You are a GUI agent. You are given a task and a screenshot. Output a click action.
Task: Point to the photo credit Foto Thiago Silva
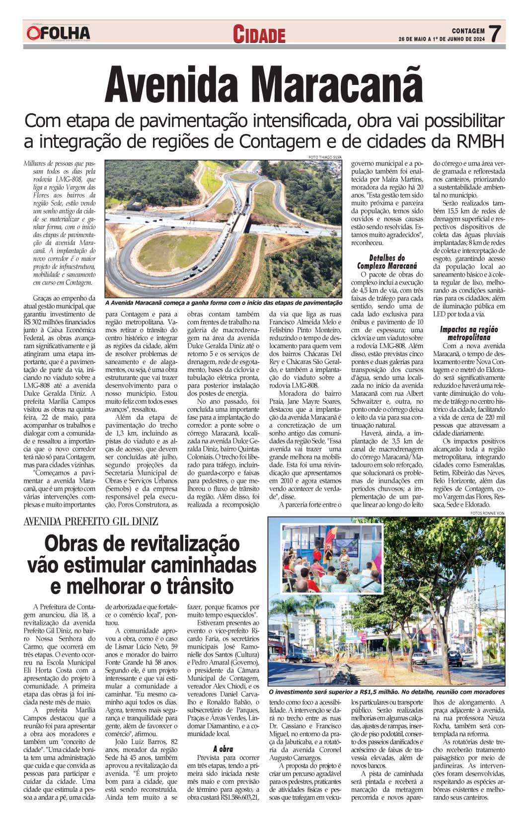pyautogui.click(x=325, y=157)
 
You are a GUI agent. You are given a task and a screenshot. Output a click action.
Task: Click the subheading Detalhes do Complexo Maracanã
pyautogui.click(x=387, y=262)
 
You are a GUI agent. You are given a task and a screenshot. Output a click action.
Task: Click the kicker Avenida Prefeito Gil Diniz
pyautogui.click(x=91, y=521)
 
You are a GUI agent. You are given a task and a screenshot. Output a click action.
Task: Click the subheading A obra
pyautogui.click(x=223, y=748)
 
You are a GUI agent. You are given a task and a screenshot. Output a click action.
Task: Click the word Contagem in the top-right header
pyautogui.click(x=468, y=30)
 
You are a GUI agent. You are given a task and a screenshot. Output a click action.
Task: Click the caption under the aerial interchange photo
pyautogui.click(x=224, y=302)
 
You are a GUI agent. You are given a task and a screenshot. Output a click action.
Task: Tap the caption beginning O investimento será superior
pyautogui.click(x=386, y=691)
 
